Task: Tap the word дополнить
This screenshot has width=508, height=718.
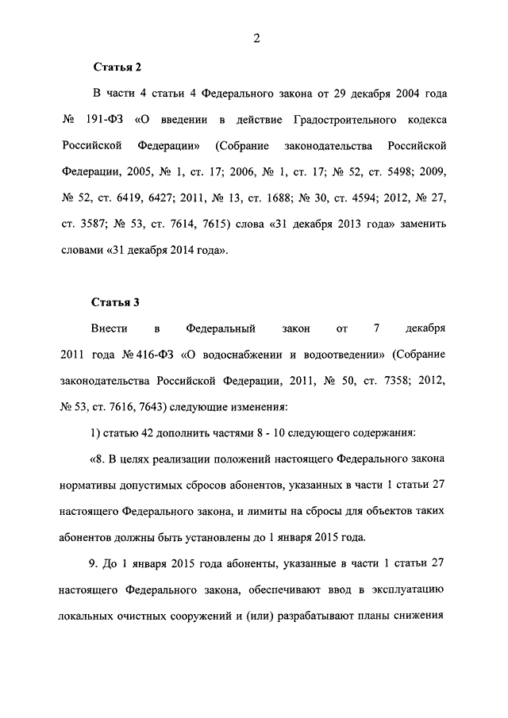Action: click(167, 432)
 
